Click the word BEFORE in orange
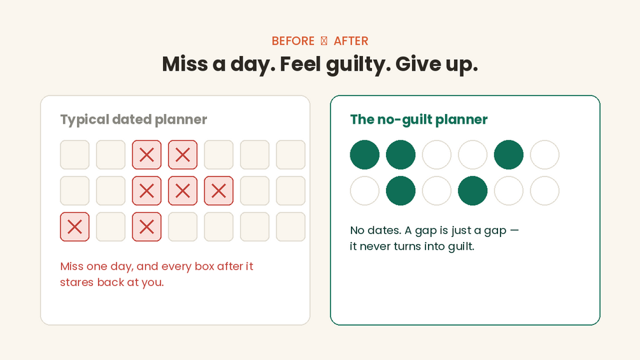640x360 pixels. (293, 41)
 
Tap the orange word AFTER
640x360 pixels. (351, 41)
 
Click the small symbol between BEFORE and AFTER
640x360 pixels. (324, 41)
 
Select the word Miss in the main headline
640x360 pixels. (185, 64)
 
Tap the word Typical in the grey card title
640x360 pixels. (85, 120)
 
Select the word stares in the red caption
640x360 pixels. (76, 282)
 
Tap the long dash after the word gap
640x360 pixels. (515, 230)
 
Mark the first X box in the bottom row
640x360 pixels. (75, 227)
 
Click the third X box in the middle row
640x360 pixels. (219, 191)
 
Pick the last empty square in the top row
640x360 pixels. (290, 155)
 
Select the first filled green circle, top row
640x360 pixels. (365, 155)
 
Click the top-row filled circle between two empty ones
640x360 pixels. (509, 155)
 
